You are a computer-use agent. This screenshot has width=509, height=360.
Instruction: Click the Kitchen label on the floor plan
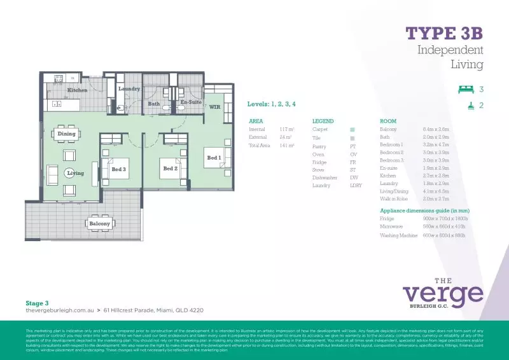tap(78, 90)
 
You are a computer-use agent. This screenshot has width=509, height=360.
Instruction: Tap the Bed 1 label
tap(214, 157)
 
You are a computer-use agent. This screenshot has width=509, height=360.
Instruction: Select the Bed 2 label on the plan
tap(170, 169)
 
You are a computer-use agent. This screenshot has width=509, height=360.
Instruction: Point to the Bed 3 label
tap(118, 169)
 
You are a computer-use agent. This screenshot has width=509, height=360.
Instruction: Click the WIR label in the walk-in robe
tap(215, 107)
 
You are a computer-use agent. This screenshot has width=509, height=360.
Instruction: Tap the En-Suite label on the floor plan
tap(191, 102)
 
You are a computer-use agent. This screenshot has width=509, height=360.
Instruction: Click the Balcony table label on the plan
tap(99, 223)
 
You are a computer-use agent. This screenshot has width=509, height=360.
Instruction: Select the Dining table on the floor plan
tap(67, 134)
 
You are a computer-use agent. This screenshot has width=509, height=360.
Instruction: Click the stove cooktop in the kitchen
tap(59, 78)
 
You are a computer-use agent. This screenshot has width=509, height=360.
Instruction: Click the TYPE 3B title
tap(444, 33)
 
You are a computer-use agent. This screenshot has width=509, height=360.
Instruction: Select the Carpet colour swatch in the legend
tap(352, 129)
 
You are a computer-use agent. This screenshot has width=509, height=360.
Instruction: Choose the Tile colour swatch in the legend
tap(352, 137)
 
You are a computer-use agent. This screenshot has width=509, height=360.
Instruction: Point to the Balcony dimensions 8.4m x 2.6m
tap(436, 129)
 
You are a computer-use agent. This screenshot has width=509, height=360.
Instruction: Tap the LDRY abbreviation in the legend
tap(355, 186)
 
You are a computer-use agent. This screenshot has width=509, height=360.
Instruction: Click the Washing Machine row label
tap(398, 235)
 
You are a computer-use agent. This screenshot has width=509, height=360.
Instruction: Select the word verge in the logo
tap(443, 294)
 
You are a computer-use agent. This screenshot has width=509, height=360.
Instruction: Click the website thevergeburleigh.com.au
tap(59, 310)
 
